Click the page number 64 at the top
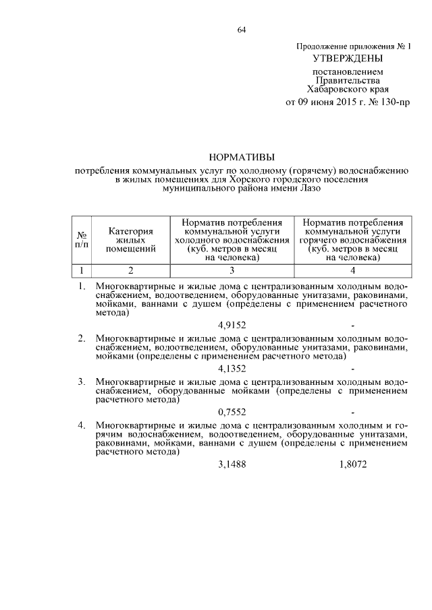[x=241, y=29]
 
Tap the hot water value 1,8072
[x=353, y=465]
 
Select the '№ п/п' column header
[x=82, y=239]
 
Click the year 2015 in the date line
[x=346, y=102]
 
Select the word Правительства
[x=350, y=79]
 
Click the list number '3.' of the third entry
[x=82, y=382]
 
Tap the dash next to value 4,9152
[x=353, y=325]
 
